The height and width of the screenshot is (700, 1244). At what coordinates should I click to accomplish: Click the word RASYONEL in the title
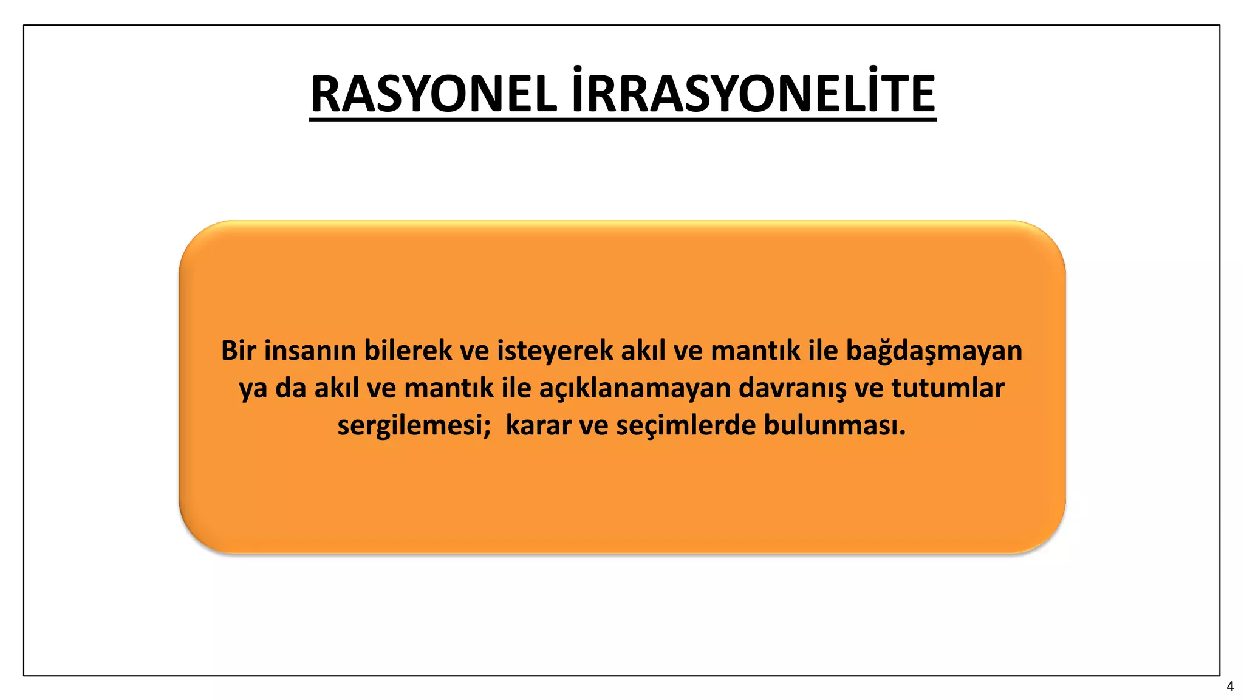[x=434, y=94]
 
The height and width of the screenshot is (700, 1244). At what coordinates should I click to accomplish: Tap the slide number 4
[x=1230, y=687]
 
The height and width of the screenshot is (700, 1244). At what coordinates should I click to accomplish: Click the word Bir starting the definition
[x=239, y=351]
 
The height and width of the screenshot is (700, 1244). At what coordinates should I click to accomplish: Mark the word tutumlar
[x=948, y=388]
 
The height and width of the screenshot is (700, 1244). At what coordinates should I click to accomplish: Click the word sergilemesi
[x=410, y=426]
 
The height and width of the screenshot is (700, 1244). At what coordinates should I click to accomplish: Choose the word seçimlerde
[x=686, y=426]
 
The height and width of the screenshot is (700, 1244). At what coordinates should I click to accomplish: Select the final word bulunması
[x=834, y=425]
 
